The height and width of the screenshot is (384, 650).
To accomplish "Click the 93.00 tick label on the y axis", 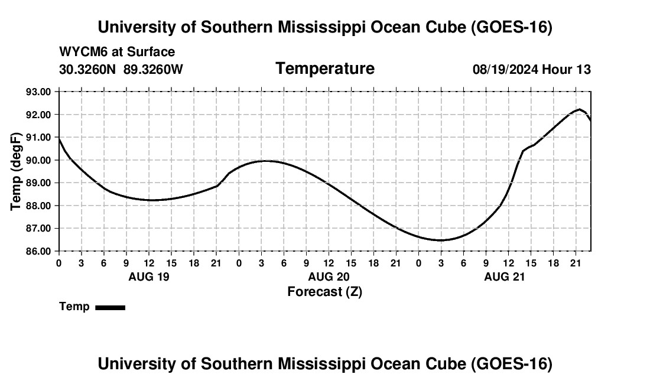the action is click(x=38, y=92).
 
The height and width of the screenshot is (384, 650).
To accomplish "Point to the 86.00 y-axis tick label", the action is click(x=38, y=251).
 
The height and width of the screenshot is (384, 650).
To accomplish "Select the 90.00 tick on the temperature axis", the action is click(x=38, y=160).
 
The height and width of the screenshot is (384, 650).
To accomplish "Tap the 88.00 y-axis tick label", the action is click(x=38, y=206).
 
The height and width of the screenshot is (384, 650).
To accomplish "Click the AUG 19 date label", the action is click(x=149, y=276).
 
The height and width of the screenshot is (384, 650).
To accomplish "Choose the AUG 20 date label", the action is click(x=329, y=276).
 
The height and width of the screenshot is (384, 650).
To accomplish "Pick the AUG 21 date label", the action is click(x=505, y=276).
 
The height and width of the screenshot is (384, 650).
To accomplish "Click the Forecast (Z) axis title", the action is click(x=325, y=292).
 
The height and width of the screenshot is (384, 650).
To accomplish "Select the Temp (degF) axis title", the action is click(x=16, y=171).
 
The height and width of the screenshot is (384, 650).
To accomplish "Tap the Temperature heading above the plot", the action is click(x=325, y=69).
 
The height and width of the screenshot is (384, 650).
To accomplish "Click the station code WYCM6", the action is click(x=83, y=52).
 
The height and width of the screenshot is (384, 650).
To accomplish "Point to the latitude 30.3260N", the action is click(x=87, y=69).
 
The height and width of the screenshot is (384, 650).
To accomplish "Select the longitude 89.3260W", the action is click(x=153, y=69).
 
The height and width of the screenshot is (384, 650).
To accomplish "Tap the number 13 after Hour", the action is click(x=583, y=69).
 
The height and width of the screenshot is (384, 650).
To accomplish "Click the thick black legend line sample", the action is click(x=110, y=307).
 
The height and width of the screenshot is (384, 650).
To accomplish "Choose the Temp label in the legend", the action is click(x=74, y=307).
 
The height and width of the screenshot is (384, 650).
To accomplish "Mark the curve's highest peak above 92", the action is click(x=580, y=109).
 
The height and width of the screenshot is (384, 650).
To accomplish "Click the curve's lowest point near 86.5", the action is click(x=440, y=240).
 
